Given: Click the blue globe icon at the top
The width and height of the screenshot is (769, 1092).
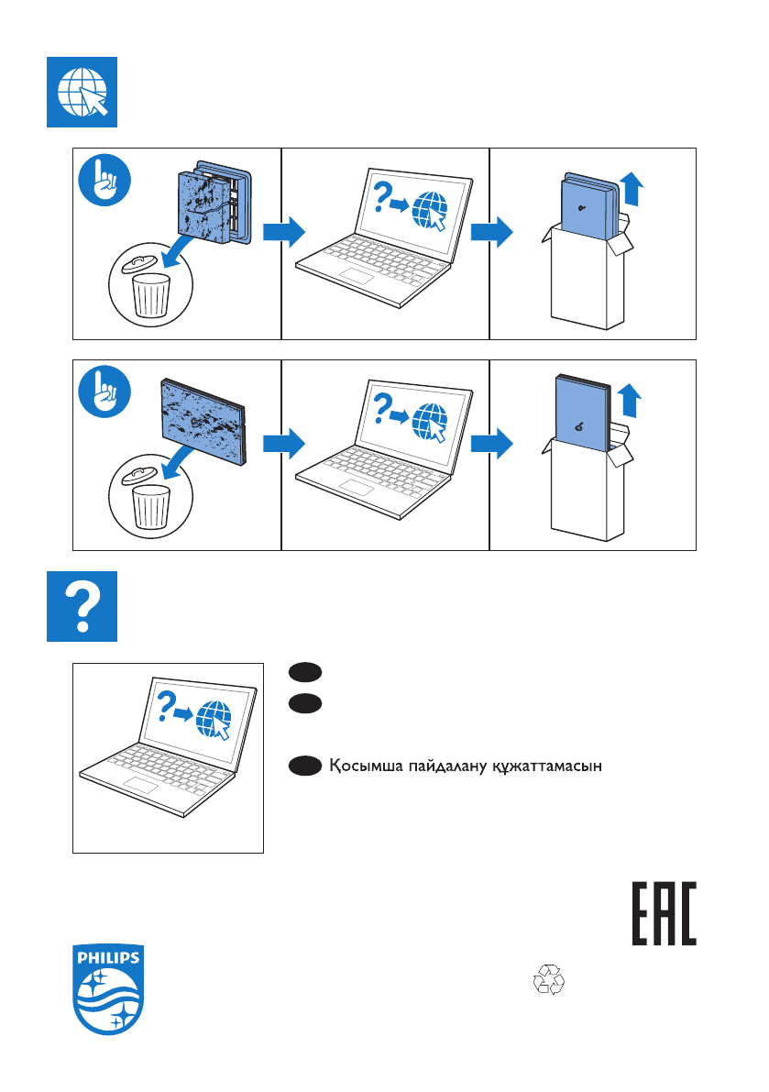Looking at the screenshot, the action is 82,92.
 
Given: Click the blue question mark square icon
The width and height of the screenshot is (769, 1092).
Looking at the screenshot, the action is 82,607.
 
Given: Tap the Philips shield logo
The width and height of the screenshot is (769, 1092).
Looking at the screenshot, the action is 108,989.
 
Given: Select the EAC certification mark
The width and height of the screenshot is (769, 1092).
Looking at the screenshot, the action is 664,914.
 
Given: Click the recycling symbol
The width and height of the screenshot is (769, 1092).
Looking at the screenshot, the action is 548,980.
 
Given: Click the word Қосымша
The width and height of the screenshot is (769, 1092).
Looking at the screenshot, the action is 366,767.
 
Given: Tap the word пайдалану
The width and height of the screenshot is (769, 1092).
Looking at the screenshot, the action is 447,767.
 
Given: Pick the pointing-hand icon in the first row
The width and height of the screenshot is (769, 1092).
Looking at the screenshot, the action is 104,180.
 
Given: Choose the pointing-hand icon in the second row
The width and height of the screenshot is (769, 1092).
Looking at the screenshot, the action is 104,392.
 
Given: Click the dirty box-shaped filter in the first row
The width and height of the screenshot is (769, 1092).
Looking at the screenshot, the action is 213,203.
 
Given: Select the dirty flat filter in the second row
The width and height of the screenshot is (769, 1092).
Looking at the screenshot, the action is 203,422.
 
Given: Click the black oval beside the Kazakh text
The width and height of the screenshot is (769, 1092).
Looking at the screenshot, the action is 305,767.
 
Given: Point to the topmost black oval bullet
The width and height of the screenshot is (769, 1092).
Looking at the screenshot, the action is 305,672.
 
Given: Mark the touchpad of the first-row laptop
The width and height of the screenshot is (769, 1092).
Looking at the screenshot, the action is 357,274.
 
